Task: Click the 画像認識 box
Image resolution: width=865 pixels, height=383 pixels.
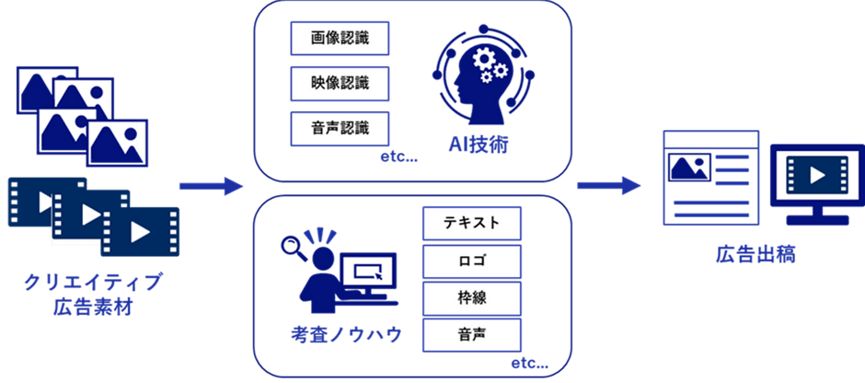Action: pos(340,39)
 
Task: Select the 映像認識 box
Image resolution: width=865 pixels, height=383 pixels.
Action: pos(340,84)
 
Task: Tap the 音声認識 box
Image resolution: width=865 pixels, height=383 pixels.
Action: pos(340,129)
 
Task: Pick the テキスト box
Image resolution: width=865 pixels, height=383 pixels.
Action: pos(472,224)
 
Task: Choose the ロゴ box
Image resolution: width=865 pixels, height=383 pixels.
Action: pos(472,261)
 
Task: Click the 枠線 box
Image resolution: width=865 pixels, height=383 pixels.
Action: pos(472,298)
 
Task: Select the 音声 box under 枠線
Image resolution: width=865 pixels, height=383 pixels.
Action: pos(472,335)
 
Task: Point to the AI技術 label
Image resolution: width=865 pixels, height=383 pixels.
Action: pos(479,146)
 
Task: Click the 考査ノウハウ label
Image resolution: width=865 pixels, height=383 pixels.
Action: pos(346,334)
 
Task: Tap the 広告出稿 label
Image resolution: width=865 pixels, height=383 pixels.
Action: pos(756,255)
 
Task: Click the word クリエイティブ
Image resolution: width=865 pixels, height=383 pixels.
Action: pos(93,284)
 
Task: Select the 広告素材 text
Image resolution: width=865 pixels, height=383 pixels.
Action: pos(93,307)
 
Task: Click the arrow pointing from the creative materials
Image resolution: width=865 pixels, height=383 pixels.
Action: pos(212,186)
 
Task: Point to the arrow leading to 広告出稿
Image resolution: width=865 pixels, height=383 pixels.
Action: pos(608,185)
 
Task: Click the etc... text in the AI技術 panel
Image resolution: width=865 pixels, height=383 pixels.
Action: pos(398,157)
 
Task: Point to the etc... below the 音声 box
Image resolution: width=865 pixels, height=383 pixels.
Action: pos(530,365)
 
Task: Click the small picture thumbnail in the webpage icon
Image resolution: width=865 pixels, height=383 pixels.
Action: pos(689,168)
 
